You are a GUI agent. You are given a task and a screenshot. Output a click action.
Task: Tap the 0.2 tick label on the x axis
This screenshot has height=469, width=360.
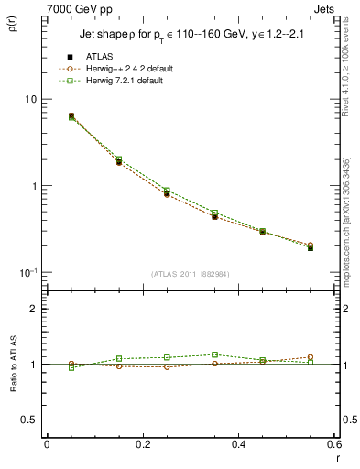[142, 444]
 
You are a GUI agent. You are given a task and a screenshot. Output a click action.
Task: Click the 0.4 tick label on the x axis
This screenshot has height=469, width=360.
[238, 444]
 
